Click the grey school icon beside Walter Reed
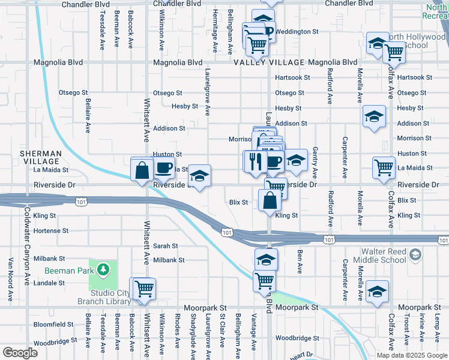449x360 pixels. [x=415, y=256]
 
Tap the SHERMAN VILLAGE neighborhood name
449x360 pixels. [x=41, y=157]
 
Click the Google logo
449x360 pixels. [x=21, y=353]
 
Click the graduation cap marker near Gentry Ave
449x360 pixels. [x=295, y=160]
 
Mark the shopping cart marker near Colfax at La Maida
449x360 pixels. [x=384, y=167]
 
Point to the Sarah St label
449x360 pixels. [x=166, y=246]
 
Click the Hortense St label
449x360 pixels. [x=53, y=230]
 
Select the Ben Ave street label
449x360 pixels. [x=300, y=259]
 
